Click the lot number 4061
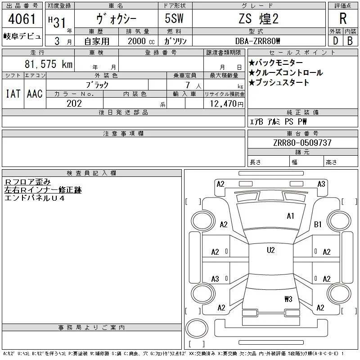pyautogui.click(x=22, y=18)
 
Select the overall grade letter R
pyautogui.click(x=343, y=18)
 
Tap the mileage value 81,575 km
pyautogui.click(x=49, y=64)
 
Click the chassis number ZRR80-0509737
pyautogui.click(x=302, y=143)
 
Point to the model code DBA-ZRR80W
pyautogui.click(x=257, y=41)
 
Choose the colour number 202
pyautogui.click(x=74, y=103)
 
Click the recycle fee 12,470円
pyautogui.click(x=227, y=104)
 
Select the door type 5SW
pyautogui.click(x=174, y=18)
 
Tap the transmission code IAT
pyautogui.click(x=13, y=94)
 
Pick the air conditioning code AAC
pyautogui.click(x=35, y=94)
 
